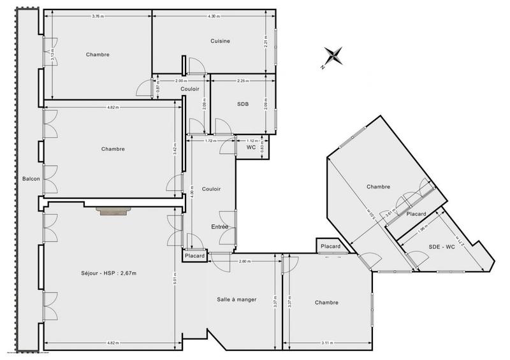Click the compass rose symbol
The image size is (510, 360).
click(333, 56)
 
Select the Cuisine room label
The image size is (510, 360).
click(220, 41)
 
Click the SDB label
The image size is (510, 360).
click(242, 104)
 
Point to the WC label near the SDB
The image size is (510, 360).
click(251, 147)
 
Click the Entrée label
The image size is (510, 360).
click(220, 227)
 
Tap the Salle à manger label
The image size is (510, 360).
click(237, 299)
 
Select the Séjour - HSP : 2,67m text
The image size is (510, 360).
click(110, 273)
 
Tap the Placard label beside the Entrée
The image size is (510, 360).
click(194, 256)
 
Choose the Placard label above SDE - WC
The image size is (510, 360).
click(416, 214)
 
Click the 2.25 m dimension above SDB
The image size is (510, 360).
click(242, 82)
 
